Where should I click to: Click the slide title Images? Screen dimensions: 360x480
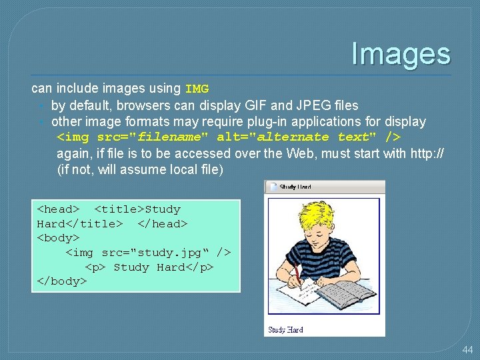pyautogui.click(x=401, y=53)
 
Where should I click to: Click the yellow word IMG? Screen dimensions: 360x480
pyautogui.click(x=197, y=89)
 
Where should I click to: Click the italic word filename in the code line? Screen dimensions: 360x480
pyautogui.click(x=169, y=137)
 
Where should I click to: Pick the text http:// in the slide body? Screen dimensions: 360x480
pyautogui.click(x=425, y=153)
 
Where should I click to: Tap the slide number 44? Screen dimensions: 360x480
pyautogui.click(x=467, y=349)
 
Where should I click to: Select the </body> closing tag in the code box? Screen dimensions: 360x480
pyautogui.click(x=61, y=281)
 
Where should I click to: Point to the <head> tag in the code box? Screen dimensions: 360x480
pyautogui.click(x=58, y=209)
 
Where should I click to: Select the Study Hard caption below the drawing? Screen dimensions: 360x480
pyautogui.click(x=285, y=330)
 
